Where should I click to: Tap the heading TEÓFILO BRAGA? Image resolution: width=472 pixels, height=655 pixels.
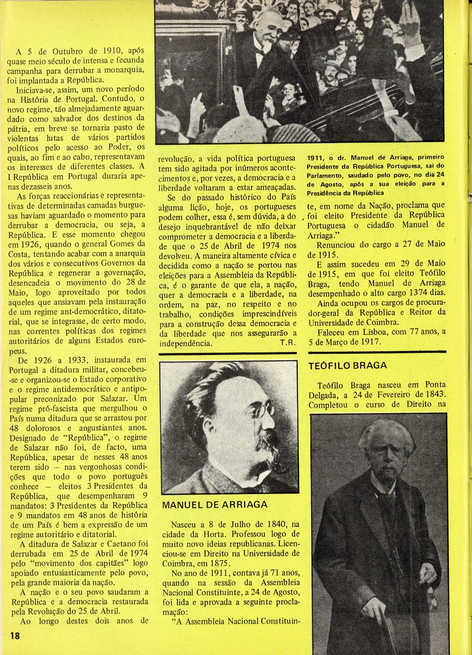point(348,365)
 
